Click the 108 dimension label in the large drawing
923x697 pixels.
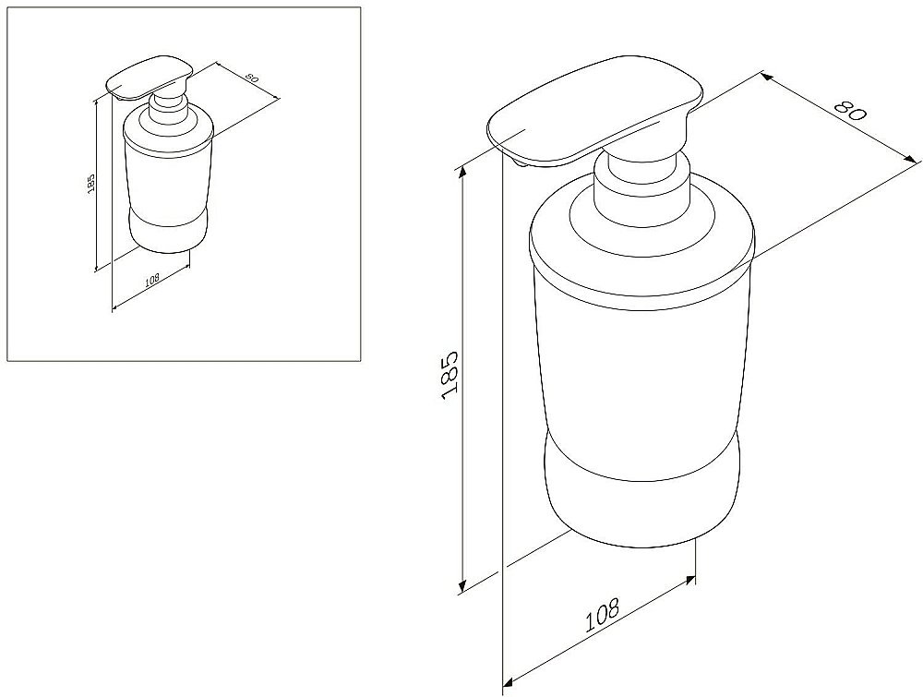point(602,614)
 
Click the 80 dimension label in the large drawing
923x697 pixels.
point(851,110)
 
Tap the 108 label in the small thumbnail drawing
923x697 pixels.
point(152,280)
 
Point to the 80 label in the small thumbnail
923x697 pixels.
point(251,78)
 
